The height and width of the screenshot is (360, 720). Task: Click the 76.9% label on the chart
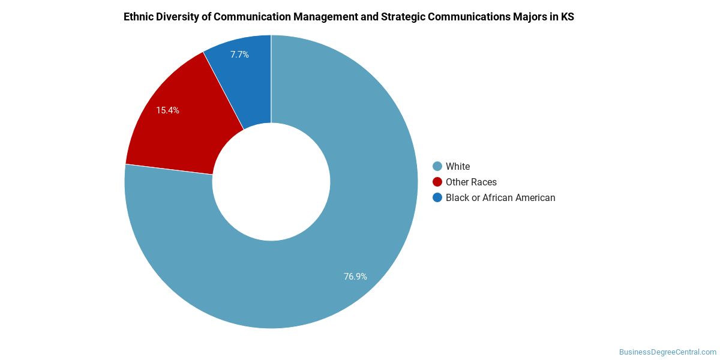(355, 277)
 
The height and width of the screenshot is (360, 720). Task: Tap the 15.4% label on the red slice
(167, 110)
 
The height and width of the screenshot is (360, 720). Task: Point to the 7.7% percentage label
(239, 55)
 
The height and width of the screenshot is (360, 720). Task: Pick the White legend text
(458, 166)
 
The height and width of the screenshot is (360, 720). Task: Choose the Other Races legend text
(471, 182)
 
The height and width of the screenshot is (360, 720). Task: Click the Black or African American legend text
(500, 197)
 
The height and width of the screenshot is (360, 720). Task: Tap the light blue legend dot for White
(437, 166)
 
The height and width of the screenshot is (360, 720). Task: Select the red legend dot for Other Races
(437, 182)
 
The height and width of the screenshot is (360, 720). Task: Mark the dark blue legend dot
(437, 197)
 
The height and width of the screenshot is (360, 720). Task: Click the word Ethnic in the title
(139, 17)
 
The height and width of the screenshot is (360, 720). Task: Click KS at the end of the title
(568, 17)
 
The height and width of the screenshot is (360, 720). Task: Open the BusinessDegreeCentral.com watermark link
(667, 352)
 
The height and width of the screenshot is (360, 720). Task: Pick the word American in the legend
(535, 197)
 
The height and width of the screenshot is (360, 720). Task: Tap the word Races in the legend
(484, 182)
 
